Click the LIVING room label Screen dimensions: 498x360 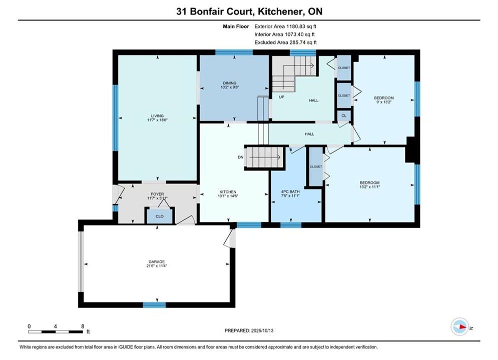[x=157, y=116]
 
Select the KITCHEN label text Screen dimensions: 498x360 [x=228, y=192]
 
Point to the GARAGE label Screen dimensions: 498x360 [x=157, y=261]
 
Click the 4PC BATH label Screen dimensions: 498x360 [x=290, y=192]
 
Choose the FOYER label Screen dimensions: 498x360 [x=157, y=194]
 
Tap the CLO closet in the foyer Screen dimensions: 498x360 [x=160, y=216]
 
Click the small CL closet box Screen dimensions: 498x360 [x=344, y=116]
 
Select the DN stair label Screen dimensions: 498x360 [x=241, y=157]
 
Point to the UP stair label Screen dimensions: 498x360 [x=281, y=97]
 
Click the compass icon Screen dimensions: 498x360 [x=460, y=326]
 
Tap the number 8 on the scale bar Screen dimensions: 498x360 [x=83, y=326]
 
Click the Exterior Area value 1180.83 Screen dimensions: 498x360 [x=297, y=26]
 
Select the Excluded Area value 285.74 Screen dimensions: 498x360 [x=299, y=42]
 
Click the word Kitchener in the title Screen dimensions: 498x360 [x=279, y=11]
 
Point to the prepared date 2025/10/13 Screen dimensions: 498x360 [x=262, y=330]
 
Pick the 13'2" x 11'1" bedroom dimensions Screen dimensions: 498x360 [x=370, y=187]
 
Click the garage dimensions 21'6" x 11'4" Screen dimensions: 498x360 [x=157, y=266]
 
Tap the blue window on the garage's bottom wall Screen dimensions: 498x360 [x=154, y=305]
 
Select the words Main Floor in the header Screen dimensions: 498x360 [x=236, y=26]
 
